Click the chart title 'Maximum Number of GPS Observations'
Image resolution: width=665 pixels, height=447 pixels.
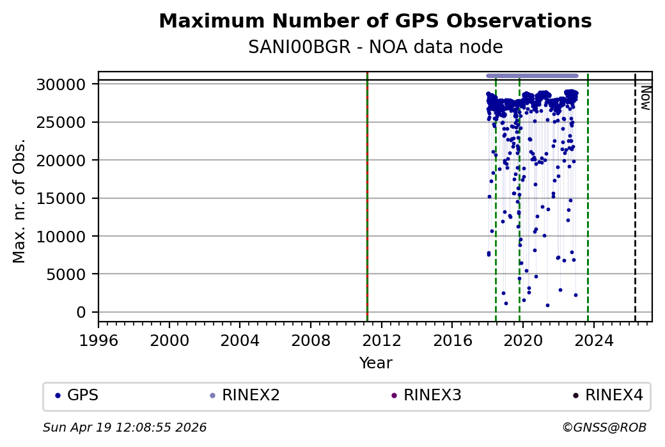click(375, 21)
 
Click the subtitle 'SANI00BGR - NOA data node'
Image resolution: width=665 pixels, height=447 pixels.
click(375, 47)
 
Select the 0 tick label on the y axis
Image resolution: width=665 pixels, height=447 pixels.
click(81, 312)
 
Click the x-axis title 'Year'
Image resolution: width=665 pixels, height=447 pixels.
click(375, 363)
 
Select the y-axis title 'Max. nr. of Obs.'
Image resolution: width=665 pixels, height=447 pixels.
click(19, 200)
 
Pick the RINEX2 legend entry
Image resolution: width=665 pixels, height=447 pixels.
click(246, 395)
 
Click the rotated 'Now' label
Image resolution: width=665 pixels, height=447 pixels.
click(646, 98)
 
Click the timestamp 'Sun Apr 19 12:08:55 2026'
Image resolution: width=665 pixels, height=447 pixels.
click(125, 427)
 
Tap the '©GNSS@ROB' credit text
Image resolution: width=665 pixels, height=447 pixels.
click(604, 427)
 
